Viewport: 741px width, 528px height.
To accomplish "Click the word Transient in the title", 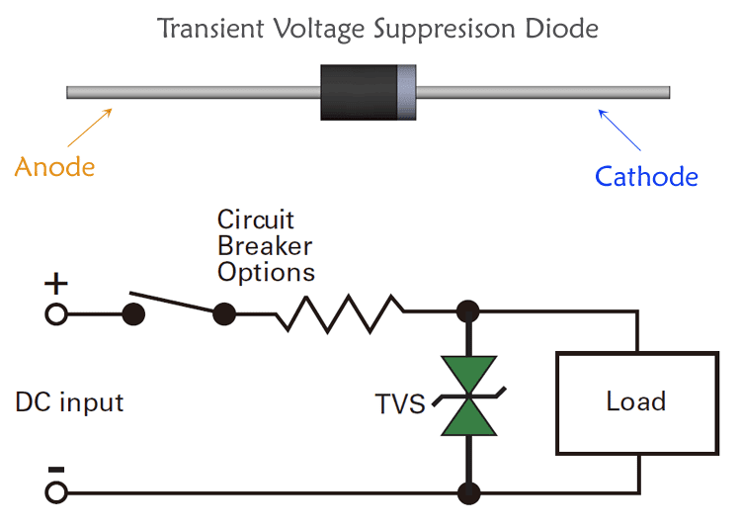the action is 210,28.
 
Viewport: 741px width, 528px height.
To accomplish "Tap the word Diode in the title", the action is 562,28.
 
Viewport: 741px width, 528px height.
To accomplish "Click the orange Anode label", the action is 54,167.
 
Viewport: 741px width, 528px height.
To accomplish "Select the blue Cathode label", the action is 646,176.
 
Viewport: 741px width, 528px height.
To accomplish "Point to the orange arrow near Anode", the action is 90,128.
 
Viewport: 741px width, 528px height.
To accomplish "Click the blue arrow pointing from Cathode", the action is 619,131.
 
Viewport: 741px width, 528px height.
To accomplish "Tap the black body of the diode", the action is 359,92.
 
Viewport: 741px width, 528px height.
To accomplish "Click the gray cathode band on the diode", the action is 406,92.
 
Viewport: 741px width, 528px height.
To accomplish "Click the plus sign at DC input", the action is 56,284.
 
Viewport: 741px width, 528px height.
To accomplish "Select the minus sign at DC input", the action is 56,470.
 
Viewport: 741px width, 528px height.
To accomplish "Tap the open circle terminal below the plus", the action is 56,314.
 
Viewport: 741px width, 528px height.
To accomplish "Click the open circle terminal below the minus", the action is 56,492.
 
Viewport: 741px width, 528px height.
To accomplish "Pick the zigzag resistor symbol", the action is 340,313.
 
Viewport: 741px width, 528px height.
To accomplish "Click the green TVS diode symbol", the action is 469,396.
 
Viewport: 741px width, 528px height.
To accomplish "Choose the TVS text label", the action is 400,404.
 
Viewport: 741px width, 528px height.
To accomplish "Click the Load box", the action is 637,403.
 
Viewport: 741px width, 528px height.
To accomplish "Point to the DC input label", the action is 69,402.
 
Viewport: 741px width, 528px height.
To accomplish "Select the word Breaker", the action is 265,246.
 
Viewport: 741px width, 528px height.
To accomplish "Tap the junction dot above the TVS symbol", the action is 468,311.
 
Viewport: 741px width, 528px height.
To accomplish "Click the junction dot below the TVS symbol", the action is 469,492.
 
